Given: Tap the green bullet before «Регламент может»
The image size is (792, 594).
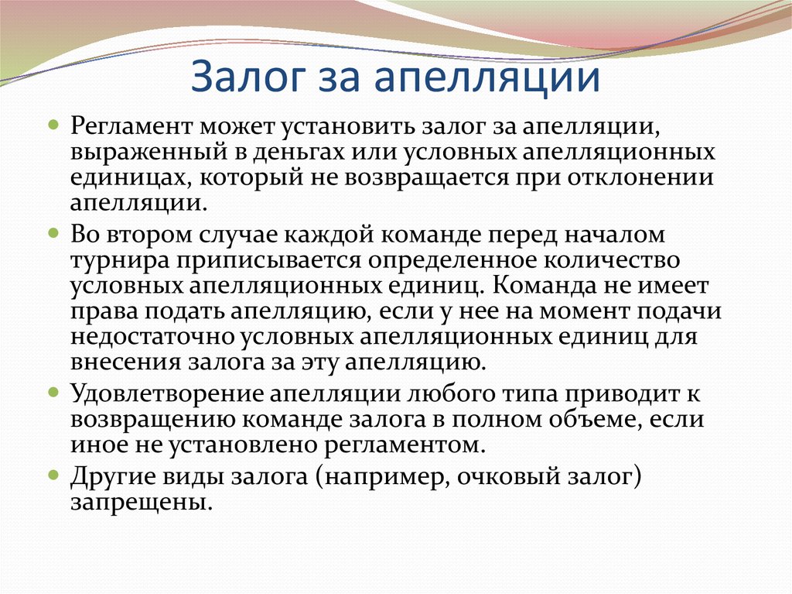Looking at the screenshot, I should click(53, 123).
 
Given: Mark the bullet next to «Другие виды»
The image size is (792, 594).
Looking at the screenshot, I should click(53, 473).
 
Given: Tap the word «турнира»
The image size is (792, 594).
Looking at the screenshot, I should click(115, 259).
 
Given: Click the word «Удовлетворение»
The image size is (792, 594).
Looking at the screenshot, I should click(166, 393).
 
